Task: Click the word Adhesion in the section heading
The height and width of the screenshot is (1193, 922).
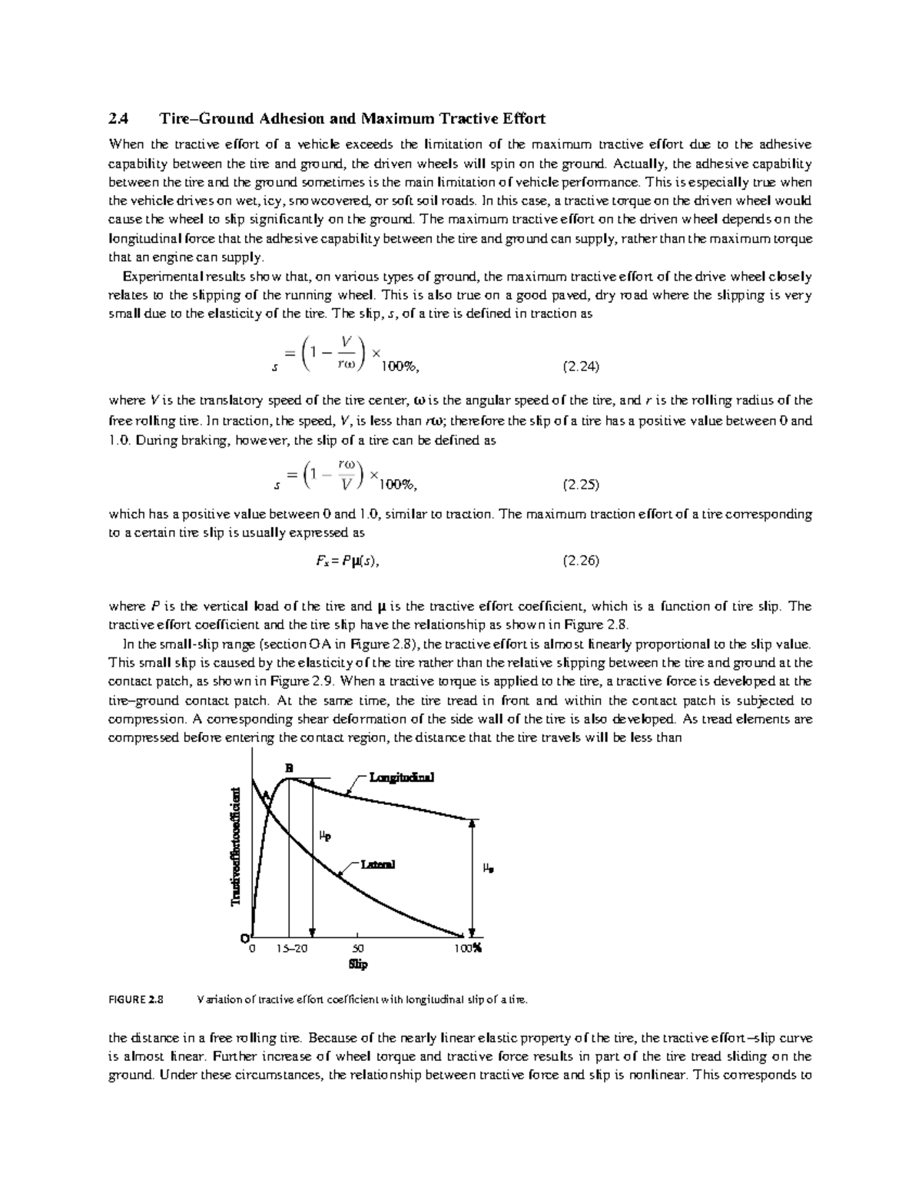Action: pyautogui.click(x=292, y=119)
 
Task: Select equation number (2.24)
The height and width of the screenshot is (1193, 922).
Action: pyautogui.click(x=581, y=366)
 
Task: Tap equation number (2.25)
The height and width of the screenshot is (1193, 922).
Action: pyautogui.click(x=581, y=485)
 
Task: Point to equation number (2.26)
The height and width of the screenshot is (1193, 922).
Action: pyautogui.click(x=581, y=561)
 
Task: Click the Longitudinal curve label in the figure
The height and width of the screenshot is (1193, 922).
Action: pyautogui.click(x=401, y=777)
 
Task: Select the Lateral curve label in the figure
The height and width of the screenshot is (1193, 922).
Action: pyautogui.click(x=377, y=864)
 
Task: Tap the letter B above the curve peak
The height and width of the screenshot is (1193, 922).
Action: pyautogui.click(x=290, y=767)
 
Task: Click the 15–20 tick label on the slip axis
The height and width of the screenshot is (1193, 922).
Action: pyautogui.click(x=291, y=949)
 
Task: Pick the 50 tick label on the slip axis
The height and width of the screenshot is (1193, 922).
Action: pyautogui.click(x=358, y=949)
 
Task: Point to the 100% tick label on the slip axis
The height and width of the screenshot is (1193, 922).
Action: pyautogui.click(x=466, y=949)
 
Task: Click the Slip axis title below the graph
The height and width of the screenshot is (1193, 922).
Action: pyautogui.click(x=358, y=964)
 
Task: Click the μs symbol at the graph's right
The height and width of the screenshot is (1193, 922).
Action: pyautogui.click(x=487, y=868)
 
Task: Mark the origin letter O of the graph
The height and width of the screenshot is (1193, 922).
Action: pyautogui.click(x=244, y=939)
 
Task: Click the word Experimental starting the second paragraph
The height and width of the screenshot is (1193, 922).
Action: pyautogui.click(x=160, y=277)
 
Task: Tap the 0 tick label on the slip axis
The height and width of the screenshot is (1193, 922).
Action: pyautogui.click(x=251, y=949)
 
